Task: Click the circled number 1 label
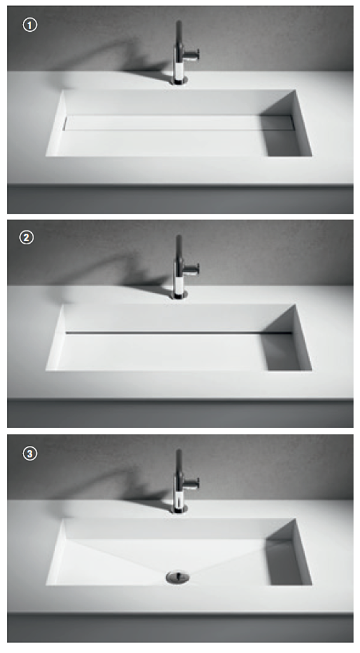coord(29,25)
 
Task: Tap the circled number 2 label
coord(26,238)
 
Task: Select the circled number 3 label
coord(29,453)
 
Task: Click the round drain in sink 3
coord(178,577)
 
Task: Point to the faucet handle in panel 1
coord(192,55)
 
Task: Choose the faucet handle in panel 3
coord(192,484)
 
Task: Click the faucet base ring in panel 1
coord(179,80)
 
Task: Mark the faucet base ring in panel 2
coord(179,295)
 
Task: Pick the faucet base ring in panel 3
coord(179,509)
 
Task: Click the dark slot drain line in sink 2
coord(179,333)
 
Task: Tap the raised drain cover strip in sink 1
coord(179,123)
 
